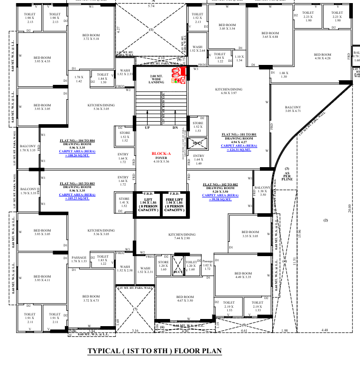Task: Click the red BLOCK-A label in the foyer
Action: point(160,153)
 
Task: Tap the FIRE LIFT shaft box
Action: point(174,205)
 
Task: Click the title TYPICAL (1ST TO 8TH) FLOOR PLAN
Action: point(155,351)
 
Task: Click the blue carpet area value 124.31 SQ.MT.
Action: point(239,149)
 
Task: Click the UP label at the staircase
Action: point(148,127)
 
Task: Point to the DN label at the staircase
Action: point(175,127)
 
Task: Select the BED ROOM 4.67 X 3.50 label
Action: point(182,299)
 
